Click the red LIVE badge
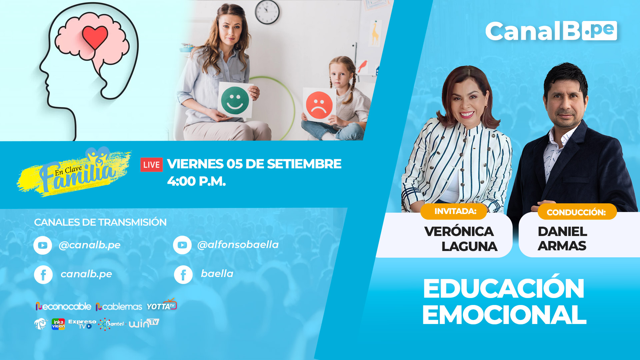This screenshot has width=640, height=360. [x=151, y=165]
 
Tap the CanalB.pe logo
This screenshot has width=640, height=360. [x=551, y=31]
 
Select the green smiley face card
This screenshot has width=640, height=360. [x=235, y=100]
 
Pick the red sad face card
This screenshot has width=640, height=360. [x=319, y=105]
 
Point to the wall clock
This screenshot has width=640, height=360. [x=267, y=12]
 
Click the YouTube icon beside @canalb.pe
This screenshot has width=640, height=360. [x=43, y=245]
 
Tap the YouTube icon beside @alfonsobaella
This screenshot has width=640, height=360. [x=182, y=245]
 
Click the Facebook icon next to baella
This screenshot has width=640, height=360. [x=183, y=275]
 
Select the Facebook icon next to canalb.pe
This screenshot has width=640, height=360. [x=43, y=275]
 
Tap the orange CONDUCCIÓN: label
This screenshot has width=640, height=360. [x=577, y=212]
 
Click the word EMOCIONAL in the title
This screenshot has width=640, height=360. [x=504, y=315]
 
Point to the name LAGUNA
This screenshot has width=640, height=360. [x=469, y=247]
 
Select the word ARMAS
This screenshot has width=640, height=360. [x=562, y=246]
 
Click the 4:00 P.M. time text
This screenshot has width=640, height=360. [x=197, y=181]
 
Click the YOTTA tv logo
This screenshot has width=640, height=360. [x=162, y=305]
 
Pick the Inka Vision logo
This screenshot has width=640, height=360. [x=58, y=324]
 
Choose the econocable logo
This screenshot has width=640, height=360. [x=63, y=306]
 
